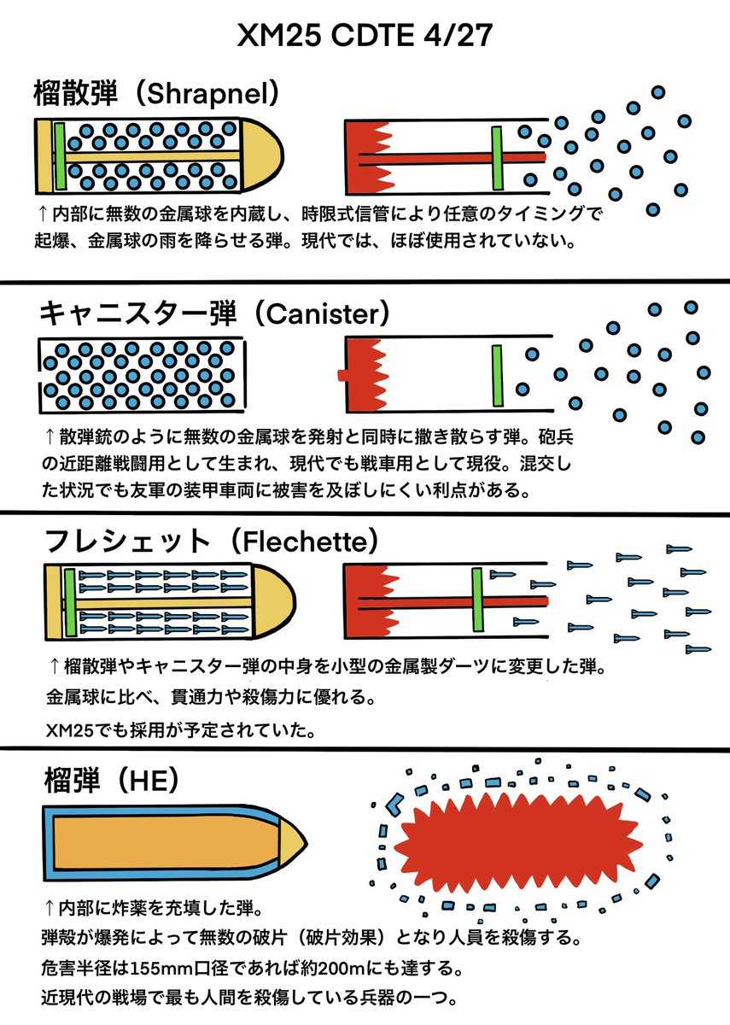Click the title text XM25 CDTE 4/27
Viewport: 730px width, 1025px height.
(365, 38)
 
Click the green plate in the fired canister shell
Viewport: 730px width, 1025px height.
(497, 375)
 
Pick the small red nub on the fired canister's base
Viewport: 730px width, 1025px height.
(341, 375)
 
